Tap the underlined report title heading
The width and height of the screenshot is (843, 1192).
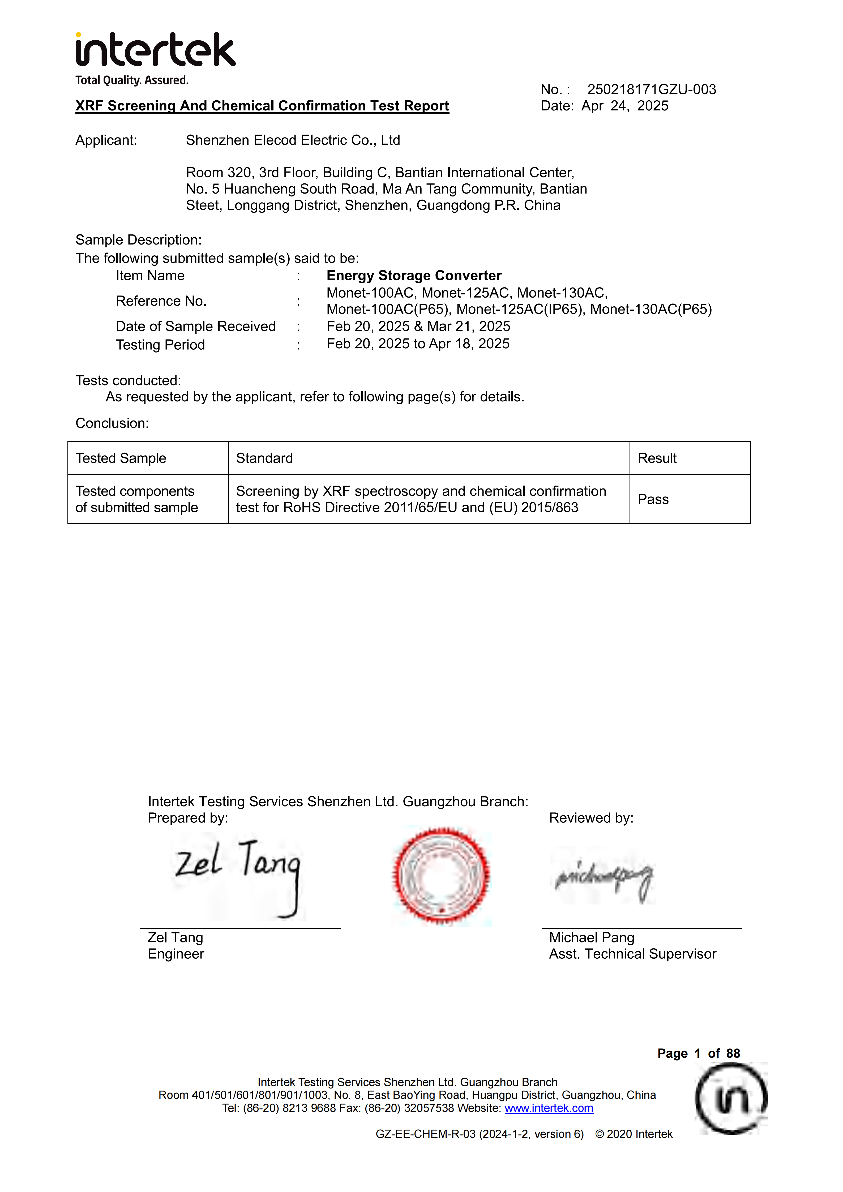pyautogui.click(x=262, y=106)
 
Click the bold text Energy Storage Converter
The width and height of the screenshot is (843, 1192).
pyautogui.click(x=414, y=276)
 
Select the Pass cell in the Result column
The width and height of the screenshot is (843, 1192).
pyautogui.click(x=653, y=499)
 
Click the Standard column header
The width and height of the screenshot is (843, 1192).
pyautogui.click(x=264, y=458)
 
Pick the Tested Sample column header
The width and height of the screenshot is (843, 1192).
pyautogui.click(x=121, y=458)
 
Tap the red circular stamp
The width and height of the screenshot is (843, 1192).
pyautogui.click(x=441, y=876)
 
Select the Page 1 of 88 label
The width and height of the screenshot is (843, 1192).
pyautogui.click(x=698, y=1053)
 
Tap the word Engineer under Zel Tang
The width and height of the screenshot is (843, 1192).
pyautogui.click(x=176, y=954)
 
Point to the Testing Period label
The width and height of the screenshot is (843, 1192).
pyautogui.click(x=160, y=345)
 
